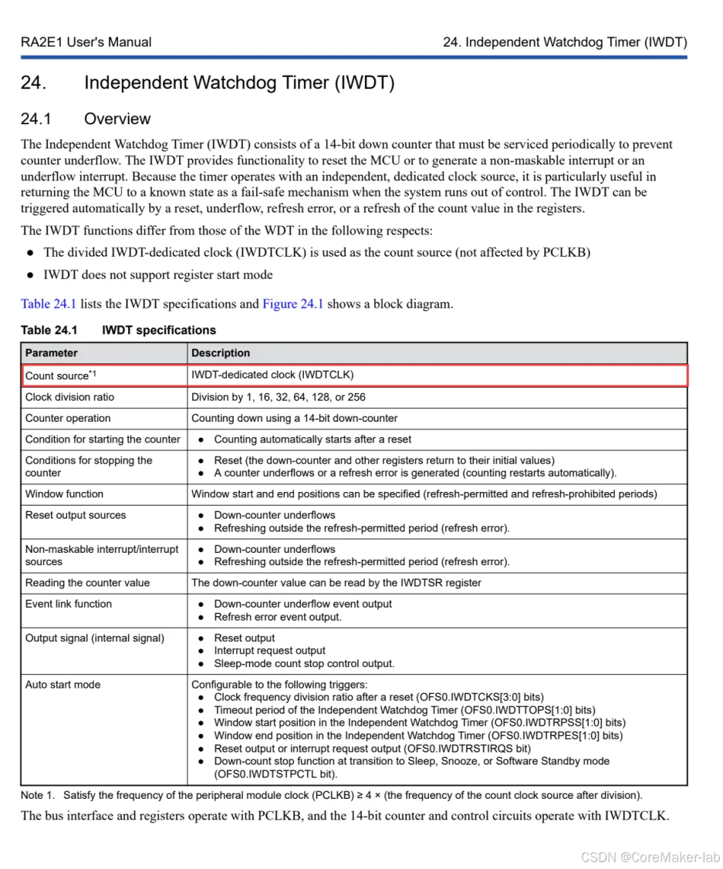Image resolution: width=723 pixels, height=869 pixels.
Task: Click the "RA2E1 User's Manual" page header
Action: pos(86,42)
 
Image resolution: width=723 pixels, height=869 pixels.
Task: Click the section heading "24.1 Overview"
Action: pos(86,119)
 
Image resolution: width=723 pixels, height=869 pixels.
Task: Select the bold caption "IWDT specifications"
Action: pos(159,330)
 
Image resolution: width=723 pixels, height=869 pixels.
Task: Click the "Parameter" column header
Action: pos(52,353)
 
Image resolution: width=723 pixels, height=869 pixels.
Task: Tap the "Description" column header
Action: pos(221,353)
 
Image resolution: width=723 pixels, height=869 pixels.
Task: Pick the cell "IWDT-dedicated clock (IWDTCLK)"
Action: pos(272,376)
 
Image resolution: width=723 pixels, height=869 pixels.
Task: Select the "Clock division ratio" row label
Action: pos(69,397)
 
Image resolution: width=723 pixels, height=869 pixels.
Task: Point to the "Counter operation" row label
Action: pos(68,418)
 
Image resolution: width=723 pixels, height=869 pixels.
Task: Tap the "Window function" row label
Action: pos(64,493)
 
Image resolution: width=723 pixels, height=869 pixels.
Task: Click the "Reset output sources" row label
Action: pos(75,515)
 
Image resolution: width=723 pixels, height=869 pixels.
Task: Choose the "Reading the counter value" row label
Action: pos(87,583)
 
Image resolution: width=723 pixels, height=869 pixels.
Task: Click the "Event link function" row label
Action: pos(69,604)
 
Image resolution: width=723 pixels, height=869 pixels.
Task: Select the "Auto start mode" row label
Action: pos(63,685)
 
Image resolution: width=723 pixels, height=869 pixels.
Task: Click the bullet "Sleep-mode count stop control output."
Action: pos(304,663)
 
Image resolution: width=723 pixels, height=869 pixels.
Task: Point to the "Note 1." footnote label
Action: pos(38,795)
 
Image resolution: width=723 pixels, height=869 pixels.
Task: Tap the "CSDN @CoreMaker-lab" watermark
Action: pos(650,857)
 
